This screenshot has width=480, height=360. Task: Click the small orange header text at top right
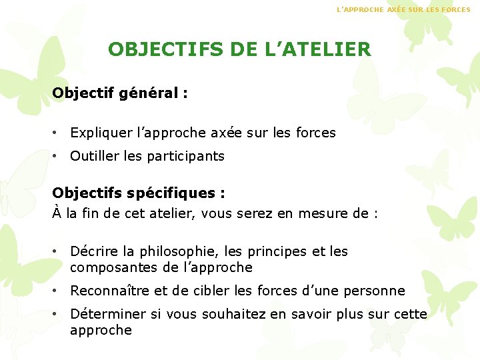(403, 10)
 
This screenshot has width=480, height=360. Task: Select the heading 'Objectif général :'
(120, 93)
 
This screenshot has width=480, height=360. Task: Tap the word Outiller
(93, 156)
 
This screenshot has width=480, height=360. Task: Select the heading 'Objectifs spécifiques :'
(139, 193)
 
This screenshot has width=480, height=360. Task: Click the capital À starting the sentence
(57, 213)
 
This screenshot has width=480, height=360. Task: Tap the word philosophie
(169, 252)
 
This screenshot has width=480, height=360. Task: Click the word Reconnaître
(110, 291)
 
